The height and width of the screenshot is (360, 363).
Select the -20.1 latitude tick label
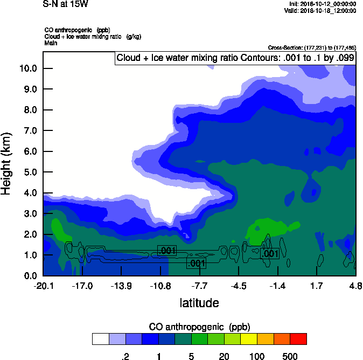(x=43, y=285)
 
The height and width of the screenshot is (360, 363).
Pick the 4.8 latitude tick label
(x=355, y=285)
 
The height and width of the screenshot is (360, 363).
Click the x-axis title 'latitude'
(x=199, y=303)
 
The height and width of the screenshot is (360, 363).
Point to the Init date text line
(x=322, y=4)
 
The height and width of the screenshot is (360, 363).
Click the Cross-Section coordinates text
(x=311, y=47)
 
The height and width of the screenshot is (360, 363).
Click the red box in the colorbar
(x=298, y=339)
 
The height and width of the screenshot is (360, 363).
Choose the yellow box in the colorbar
(x=248, y=339)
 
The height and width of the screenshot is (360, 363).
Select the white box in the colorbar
(x=100, y=339)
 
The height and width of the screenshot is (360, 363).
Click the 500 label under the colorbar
(x=290, y=356)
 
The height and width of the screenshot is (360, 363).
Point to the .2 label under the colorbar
(x=125, y=356)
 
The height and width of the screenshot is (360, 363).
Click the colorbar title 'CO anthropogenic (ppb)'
(x=199, y=327)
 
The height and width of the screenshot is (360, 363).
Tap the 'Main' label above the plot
(x=51, y=43)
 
